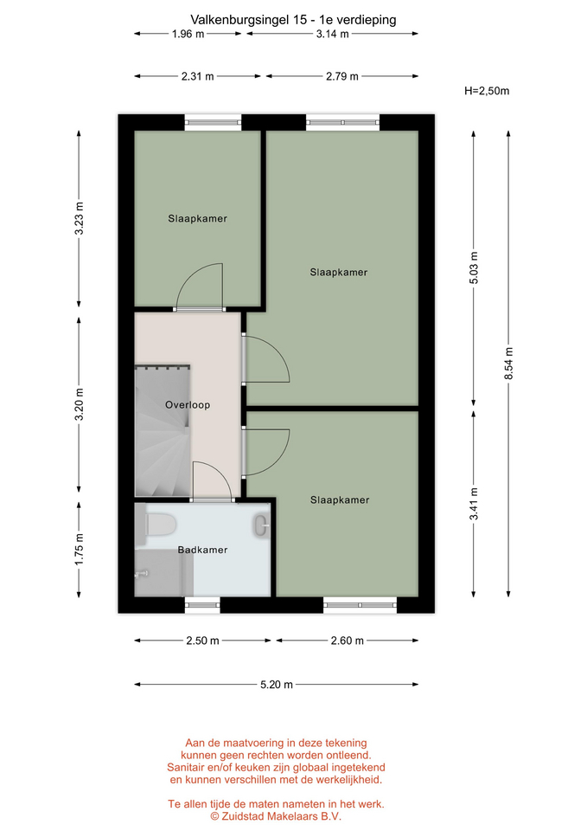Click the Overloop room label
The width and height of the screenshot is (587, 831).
point(188,405)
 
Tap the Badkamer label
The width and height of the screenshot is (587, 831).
point(202,550)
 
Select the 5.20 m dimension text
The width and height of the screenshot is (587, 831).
point(277,685)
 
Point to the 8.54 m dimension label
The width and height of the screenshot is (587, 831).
point(508,364)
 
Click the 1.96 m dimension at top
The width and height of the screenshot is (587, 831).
point(188,34)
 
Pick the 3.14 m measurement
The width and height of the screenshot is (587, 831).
point(333,34)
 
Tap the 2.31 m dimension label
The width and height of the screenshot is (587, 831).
point(197,76)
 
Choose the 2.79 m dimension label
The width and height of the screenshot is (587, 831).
point(342,76)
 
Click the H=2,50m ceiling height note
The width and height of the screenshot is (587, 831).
point(487,91)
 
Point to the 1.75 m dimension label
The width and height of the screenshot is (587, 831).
point(80,549)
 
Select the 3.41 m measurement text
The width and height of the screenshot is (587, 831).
point(474,504)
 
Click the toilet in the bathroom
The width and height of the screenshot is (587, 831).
point(156,525)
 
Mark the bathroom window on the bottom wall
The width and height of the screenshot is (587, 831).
point(202,605)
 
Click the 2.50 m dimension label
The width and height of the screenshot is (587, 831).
point(202,641)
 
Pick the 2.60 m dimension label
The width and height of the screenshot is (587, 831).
point(348,641)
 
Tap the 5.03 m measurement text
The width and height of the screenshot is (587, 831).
point(474,267)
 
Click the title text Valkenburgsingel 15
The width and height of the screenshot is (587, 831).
point(248,20)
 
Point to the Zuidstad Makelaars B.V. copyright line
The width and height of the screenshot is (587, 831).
point(276,816)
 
